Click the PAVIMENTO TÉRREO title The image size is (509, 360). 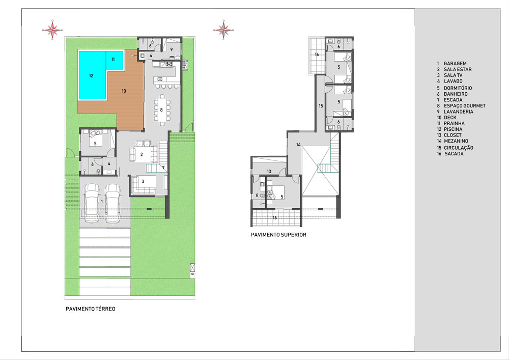click(x=91, y=309)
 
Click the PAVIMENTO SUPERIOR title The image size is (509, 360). click(x=278, y=235)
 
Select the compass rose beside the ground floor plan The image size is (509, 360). click(x=52, y=30)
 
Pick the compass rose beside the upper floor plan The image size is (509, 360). click(x=223, y=30)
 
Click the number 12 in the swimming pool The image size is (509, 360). click(x=91, y=76)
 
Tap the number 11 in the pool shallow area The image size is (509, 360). click(x=113, y=60)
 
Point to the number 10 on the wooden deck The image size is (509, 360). click(x=124, y=91)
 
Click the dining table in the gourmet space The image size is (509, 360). click(x=162, y=109)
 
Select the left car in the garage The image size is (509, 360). click(x=92, y=203)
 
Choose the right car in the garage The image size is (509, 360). click(x=112, y=203)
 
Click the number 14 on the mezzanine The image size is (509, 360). click(x=298, y=145)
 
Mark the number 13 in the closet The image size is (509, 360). click(x=269, y=172)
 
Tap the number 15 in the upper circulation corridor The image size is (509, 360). click(x=321, y=106)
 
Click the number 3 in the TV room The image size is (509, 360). click(x=143, y=181)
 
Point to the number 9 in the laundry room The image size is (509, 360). click(x=172, y=49)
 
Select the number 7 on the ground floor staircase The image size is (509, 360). click(x=163, y=168)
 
